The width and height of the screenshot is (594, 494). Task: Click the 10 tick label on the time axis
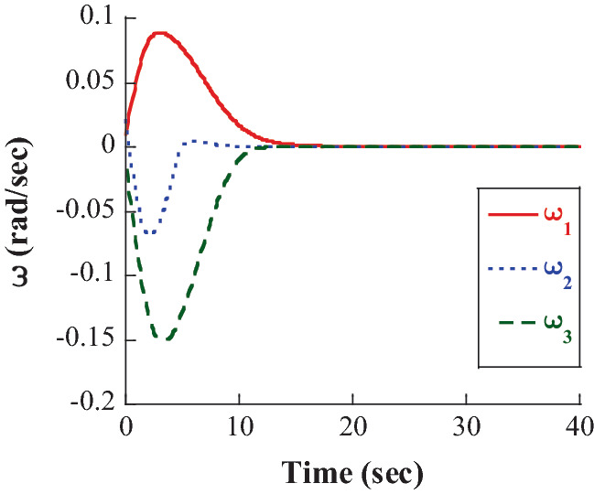point(239,429)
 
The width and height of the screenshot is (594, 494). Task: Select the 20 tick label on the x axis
point(352,429)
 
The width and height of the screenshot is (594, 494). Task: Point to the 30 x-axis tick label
point(466,429)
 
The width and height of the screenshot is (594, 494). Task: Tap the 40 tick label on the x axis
point(579,429)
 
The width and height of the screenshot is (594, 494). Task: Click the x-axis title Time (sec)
point(352,473)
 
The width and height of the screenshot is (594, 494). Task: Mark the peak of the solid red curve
point(160,33)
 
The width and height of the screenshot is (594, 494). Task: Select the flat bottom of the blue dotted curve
point(151,232)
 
